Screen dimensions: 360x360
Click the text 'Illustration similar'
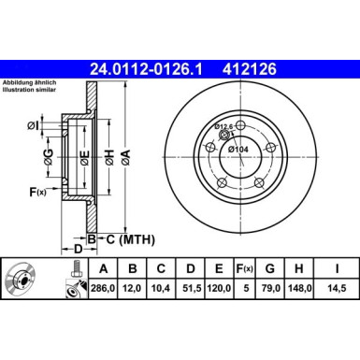coord(30,92)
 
